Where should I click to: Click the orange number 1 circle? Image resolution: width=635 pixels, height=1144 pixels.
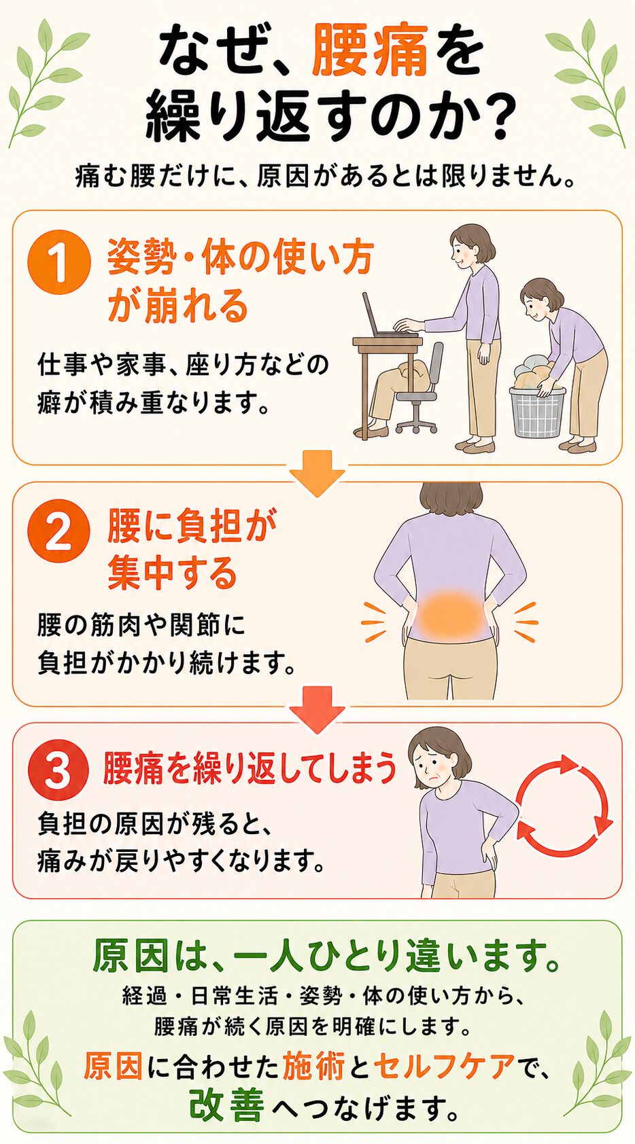[60, 264]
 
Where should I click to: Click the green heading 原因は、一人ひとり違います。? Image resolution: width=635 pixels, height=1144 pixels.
[326, 956]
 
